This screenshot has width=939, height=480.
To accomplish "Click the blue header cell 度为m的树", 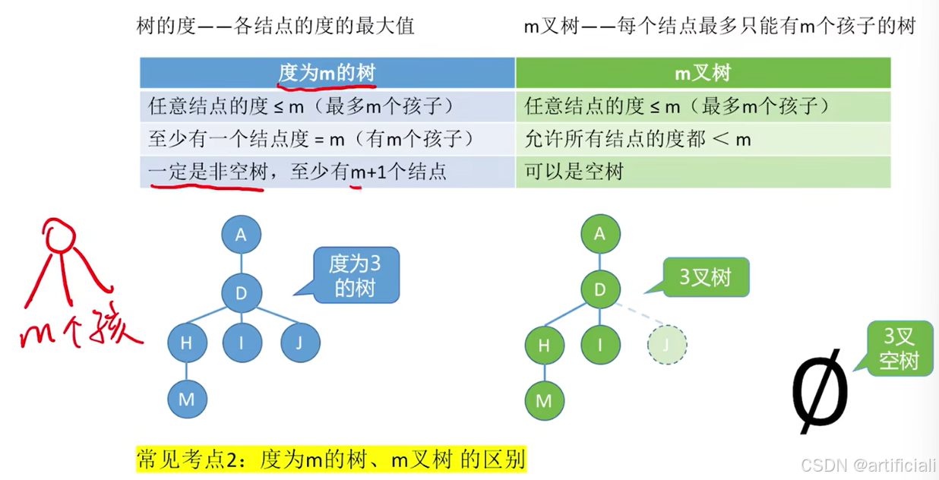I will pos(327,73).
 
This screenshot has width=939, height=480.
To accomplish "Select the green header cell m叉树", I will pos(703,73).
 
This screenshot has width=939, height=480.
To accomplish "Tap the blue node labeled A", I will pos(241,235).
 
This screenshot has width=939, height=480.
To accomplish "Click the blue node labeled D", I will pos(242,293).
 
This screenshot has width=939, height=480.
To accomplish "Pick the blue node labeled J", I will pos(300,343).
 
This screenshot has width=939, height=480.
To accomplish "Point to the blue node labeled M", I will pos(187,399).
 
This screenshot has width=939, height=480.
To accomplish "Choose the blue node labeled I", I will pos(242,343).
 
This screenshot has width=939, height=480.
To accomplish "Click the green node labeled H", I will pos(545,346).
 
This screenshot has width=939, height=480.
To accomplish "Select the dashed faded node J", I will pos(666,345).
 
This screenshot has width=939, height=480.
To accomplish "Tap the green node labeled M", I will pos(544,399).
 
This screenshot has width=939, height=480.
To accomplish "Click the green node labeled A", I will pos(600,234).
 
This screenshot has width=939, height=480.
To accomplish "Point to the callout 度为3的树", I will pos(354,276).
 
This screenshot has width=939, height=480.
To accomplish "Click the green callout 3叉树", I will pos(705,277).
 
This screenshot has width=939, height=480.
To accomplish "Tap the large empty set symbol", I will pos(819,390).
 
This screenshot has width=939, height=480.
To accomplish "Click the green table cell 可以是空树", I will pos(703,172).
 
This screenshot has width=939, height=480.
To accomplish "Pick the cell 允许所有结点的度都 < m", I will pos(703,139).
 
